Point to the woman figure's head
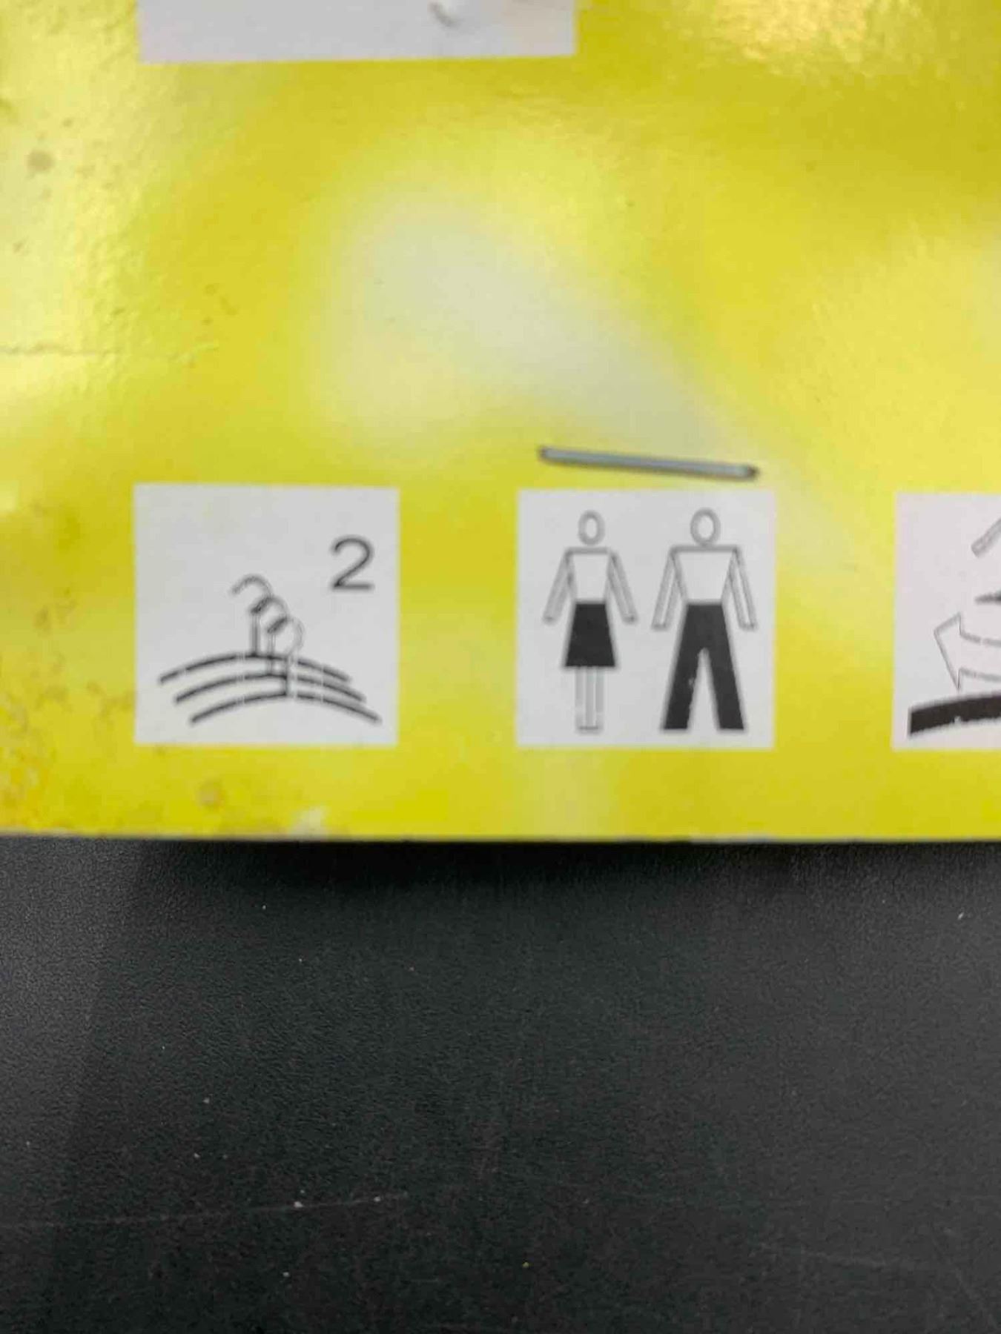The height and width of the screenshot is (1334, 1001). pyautogui.click(x=591, y=529)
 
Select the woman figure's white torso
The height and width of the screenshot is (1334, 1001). pyautogui.click(x=591, y=577)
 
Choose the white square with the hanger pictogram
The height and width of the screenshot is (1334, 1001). pyautogui.click(x=266, y=614)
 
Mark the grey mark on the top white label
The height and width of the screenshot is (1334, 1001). pyautogui.click(x=456, y=13)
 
